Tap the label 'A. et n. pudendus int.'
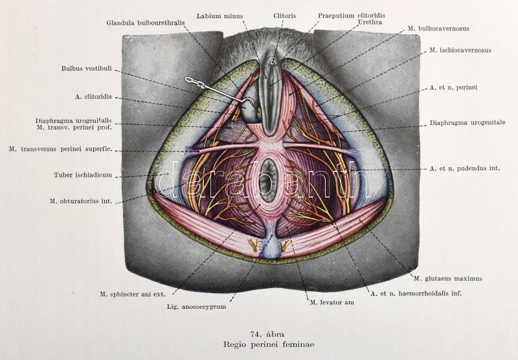click(464, 168)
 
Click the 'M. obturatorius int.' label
click(80, 201)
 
